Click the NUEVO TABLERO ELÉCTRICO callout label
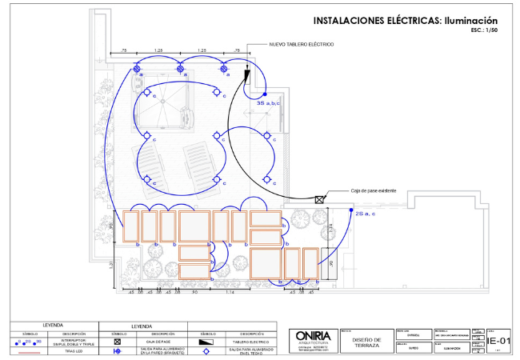[301, 44]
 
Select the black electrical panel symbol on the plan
[247, 78]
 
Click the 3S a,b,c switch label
[267, 103]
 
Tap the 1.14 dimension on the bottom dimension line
[230, 292]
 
